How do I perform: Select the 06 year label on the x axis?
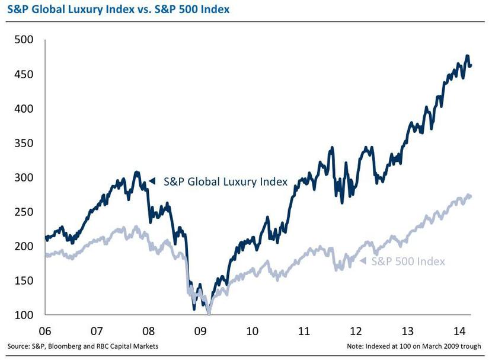[45, 330]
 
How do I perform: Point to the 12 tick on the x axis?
[356, 330]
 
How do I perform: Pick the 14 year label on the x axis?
[460, 330]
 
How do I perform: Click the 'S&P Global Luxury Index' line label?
[225, 181]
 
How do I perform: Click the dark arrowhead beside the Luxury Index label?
[152, 181]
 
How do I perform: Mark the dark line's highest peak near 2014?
[467, 56]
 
